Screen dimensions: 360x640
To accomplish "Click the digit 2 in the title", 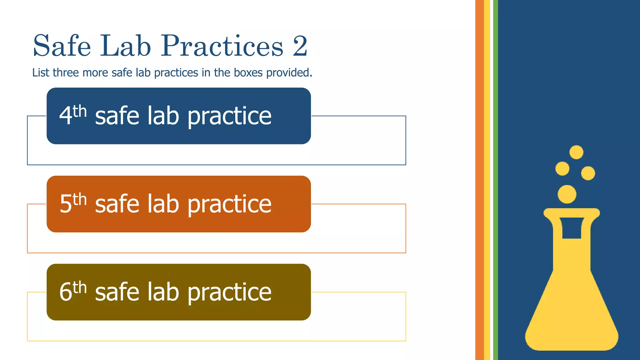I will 300,46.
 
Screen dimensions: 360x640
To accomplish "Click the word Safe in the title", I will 62,46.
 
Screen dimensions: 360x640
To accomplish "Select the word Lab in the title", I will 125,46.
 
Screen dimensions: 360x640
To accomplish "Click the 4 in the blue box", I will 66,116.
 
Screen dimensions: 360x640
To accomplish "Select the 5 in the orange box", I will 66,204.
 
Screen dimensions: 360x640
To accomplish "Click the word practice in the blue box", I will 229,116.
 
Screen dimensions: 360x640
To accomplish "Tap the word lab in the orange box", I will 163,204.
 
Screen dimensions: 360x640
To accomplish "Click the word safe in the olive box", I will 117,292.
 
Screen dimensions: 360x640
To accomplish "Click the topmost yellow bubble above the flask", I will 576,152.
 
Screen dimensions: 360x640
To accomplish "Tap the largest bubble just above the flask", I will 567,194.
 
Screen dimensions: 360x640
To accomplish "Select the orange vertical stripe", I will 479,180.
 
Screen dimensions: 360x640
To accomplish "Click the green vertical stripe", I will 495,180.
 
